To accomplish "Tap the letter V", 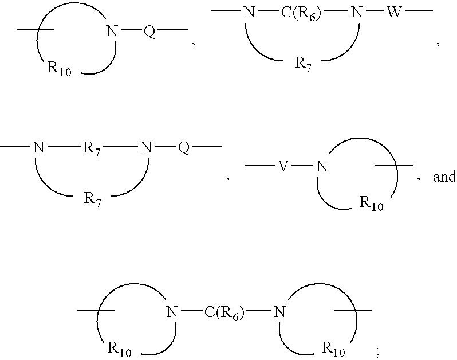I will click(282, 166).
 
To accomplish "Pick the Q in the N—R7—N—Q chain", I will click(183, 148).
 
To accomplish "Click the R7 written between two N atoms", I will click(92, 148).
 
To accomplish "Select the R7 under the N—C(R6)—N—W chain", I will click(304, 62).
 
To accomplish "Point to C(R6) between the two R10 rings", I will click(224, 312).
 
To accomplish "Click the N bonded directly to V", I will click(322, 166).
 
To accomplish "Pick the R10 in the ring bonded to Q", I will click(60, 71).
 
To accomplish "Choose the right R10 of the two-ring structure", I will click(334, 347).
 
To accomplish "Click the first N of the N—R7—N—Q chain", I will click(38, 148).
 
